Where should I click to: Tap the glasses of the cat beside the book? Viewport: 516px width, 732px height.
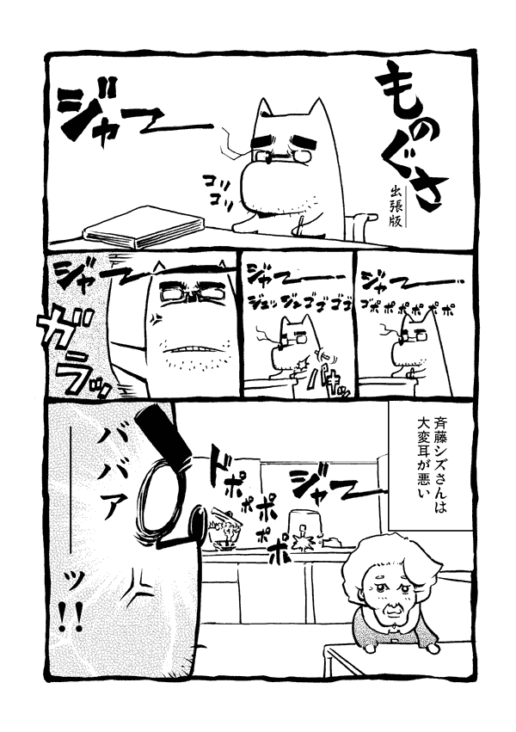pos(275,155)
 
